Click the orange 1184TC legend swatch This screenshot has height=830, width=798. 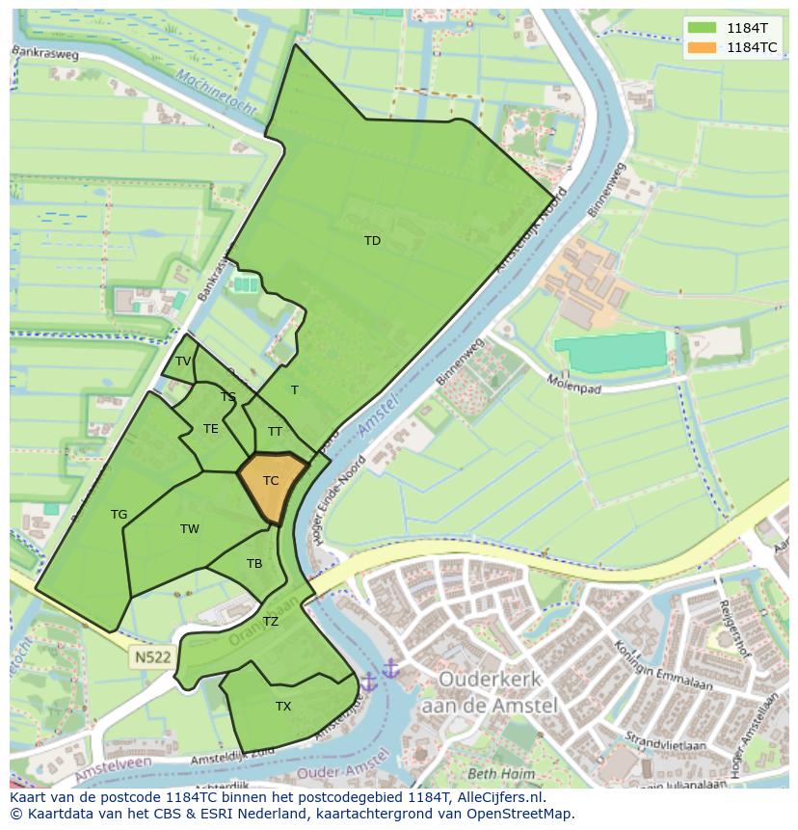click(703, 47)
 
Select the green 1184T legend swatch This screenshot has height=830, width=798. click(703, 28)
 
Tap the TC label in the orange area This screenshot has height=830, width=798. click(271, 480)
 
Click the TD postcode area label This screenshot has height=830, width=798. click(372, 241)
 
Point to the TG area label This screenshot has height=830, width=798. click(119, 515)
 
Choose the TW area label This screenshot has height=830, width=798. click(190, 529)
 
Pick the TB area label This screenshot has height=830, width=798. click(254, 564)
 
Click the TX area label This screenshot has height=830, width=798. click(283, 707)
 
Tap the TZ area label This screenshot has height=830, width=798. click(271, 622)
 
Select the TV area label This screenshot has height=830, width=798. click(182, 361)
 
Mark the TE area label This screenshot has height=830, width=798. click(211, 429)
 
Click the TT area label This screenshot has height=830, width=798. click(275, 432)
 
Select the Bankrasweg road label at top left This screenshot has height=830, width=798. click(45, 55)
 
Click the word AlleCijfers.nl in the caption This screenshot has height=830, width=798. click(499, 798)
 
